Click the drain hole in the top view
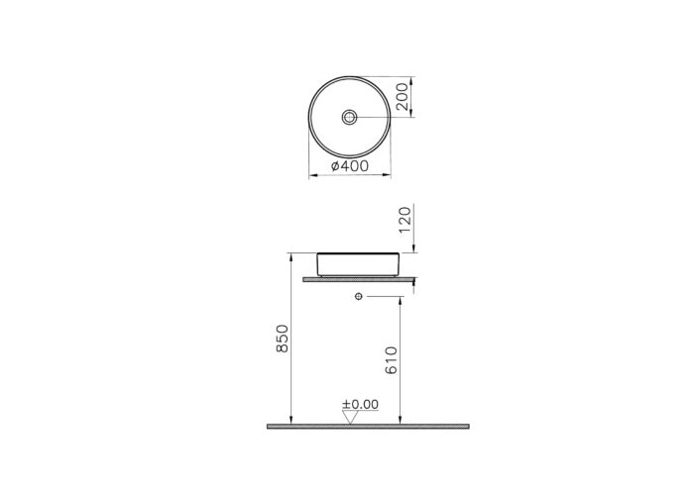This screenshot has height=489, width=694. click(x=348, y=117)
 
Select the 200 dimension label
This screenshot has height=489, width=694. click(x=402, y=97)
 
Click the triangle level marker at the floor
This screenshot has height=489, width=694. click(x=349, y=417)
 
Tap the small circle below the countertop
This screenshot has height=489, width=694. click(x=356, y=296)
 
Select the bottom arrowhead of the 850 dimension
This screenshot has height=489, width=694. click(x=289, y=422)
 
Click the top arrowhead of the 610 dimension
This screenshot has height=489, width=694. click(x=400, y=299)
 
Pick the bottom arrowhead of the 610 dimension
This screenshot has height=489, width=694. click(x=400, y=422)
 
